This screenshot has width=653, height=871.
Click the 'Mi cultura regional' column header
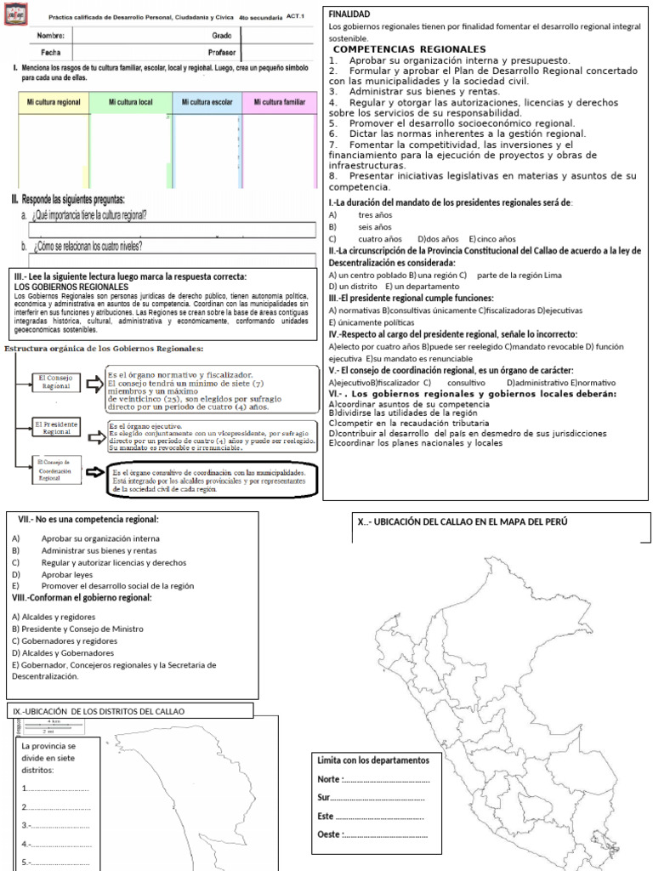coord(54,102)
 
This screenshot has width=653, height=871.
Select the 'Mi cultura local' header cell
coord(131,102)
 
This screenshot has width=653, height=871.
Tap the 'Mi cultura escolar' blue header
coord(207,102)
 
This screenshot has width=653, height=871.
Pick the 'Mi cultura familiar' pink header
coord(280,102)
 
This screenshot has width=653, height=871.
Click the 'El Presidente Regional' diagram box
coord(58,428)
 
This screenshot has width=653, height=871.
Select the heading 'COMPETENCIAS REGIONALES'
coord(409,49)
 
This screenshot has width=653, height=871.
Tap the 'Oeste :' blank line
coord(385,834)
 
